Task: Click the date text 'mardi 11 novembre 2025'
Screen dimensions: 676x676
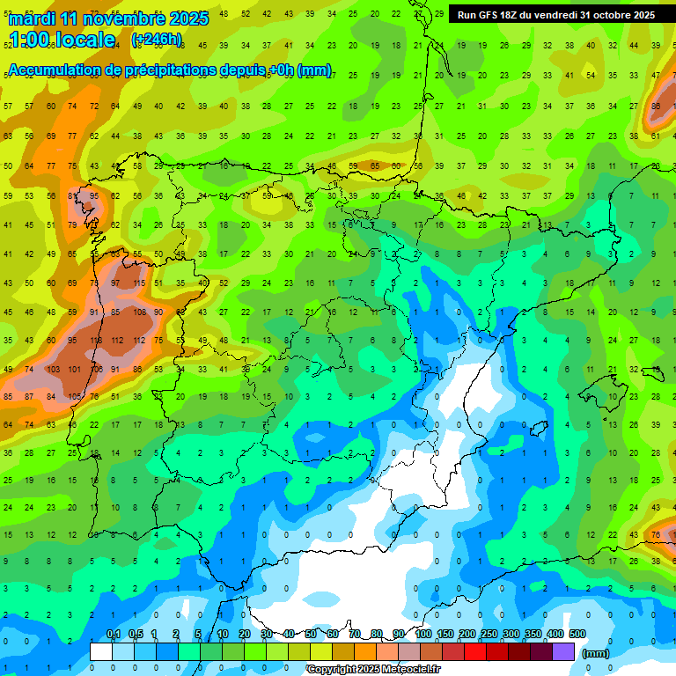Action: pos(107,18)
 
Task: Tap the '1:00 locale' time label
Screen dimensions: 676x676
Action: pos(62,40)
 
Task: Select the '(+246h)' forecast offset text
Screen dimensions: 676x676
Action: pos(157,40)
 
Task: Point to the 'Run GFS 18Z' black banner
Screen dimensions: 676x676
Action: pos(555,15)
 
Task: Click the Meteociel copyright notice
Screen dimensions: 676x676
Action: pos(374,670)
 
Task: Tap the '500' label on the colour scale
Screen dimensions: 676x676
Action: pos(577,634)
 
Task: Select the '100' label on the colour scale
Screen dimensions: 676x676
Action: pos(423,634)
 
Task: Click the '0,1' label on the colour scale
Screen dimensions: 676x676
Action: pos(114,634)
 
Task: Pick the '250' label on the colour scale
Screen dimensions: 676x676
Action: pos(489,634)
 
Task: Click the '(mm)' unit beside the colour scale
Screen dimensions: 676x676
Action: pos(596,653)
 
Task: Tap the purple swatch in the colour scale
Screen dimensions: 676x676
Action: pos(563,651)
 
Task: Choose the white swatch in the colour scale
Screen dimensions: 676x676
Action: pos(101,651)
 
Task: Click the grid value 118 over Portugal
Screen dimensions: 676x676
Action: pos(95,341)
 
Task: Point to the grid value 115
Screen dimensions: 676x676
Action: pos(138,283)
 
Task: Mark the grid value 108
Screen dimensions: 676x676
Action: pos(138,312)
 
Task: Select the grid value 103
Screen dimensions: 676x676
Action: pos(52,369)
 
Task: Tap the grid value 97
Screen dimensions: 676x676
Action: pos(116,283)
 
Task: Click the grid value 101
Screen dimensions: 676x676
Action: pos(74,369)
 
